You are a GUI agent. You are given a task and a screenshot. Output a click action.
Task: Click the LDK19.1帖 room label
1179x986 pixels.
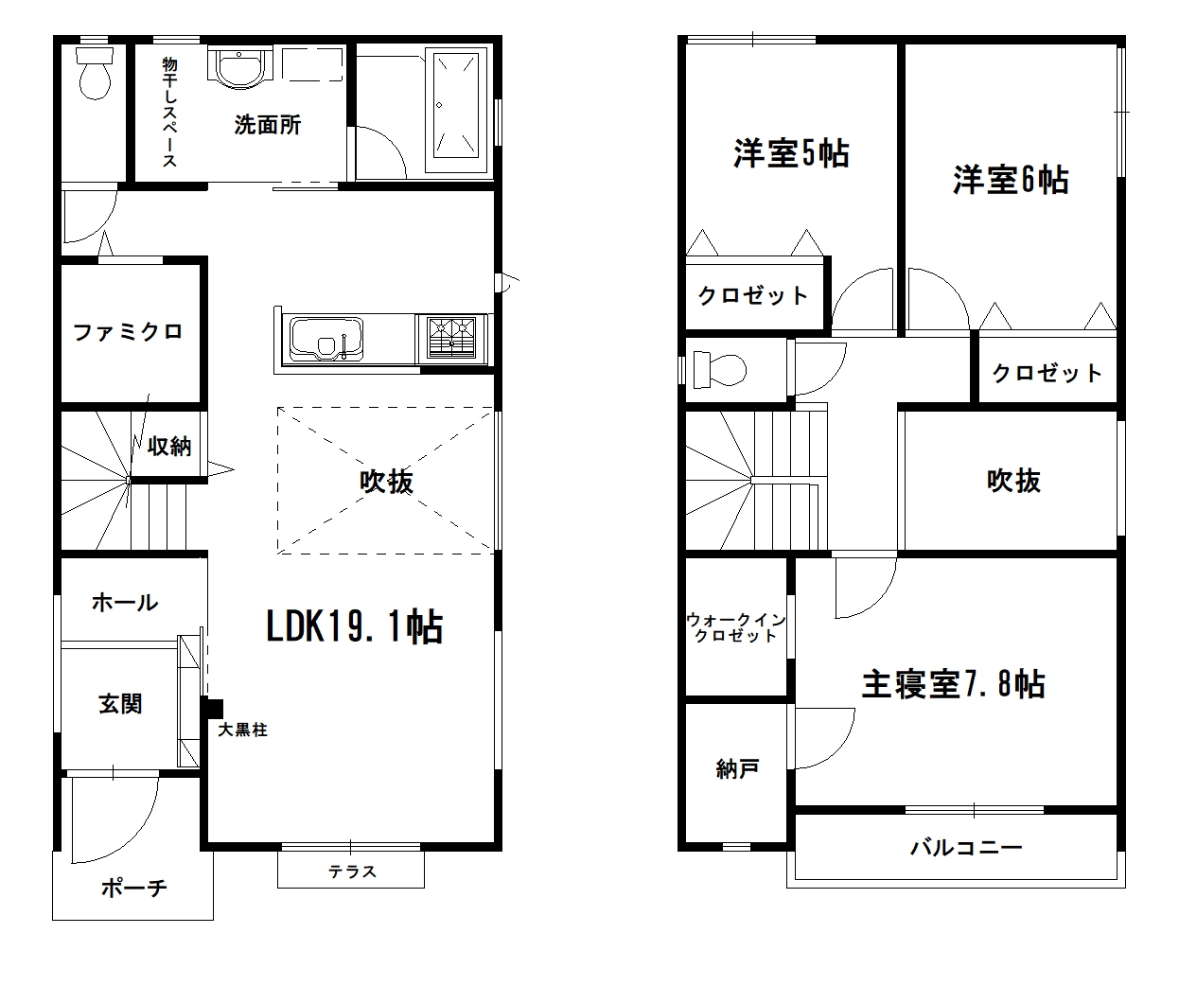click(x=355, y=626)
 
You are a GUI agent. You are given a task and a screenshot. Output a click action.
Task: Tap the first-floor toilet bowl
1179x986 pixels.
click(x=94, y=75)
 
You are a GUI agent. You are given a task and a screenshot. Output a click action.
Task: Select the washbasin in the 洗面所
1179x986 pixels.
click(x=238, y=65)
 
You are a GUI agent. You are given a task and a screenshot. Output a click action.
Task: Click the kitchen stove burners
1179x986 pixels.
click(x=451, y=338)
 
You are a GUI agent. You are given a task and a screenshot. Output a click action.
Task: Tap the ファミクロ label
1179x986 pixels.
click(x=128, y=332)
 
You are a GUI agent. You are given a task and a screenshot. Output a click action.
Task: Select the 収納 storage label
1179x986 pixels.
click(x=169, y=446)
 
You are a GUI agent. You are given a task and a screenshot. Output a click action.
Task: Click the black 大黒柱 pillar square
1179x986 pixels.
click(x=213, y=708)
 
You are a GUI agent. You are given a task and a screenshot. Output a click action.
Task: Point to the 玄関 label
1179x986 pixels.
click(x=120, y=704)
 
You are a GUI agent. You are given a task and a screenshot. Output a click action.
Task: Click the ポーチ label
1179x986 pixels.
click(x=133, y=888)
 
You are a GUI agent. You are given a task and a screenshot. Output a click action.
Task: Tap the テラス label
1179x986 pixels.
click(x=352, y=872)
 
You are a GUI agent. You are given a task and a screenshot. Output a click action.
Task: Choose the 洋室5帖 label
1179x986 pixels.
click(x=791, y=153)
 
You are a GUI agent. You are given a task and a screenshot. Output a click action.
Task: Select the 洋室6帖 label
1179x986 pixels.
click(x=1011, y=179)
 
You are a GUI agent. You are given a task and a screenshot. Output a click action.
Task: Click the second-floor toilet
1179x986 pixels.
click(x=716, y=368)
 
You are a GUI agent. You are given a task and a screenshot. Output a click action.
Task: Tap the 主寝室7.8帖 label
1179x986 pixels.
click(x=953, y=684)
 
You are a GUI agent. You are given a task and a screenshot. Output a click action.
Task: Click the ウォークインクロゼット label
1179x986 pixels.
click(x=735, y=627)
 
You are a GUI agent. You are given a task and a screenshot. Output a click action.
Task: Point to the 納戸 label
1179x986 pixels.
click(x=737, y=769)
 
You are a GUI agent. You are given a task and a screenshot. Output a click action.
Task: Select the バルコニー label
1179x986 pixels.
click(x=966, y=847)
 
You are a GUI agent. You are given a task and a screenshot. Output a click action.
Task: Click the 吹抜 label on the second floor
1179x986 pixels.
click(x=1013, y=481)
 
